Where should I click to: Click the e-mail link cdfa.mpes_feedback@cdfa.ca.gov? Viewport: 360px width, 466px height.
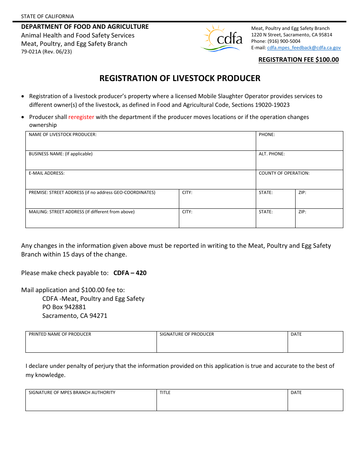pos(304,48)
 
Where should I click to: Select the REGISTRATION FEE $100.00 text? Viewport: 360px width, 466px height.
pos(298,59)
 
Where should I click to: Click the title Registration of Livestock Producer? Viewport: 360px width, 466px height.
pos(180,78)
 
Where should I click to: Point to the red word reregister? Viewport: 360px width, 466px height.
pos(81,117)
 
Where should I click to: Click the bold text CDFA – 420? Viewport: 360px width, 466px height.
pos(130,273)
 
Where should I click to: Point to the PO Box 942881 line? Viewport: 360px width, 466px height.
pos(64,307)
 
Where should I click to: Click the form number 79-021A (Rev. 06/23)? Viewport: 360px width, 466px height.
pos(46,52)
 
